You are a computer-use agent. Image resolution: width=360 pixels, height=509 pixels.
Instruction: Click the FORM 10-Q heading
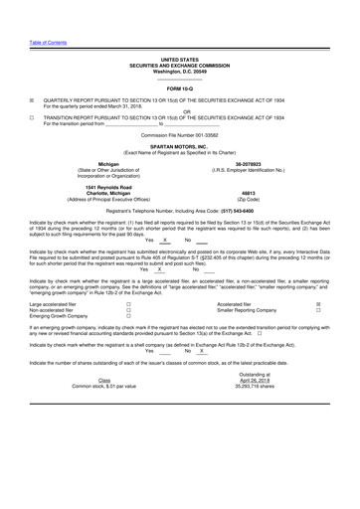coord(180,88)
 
